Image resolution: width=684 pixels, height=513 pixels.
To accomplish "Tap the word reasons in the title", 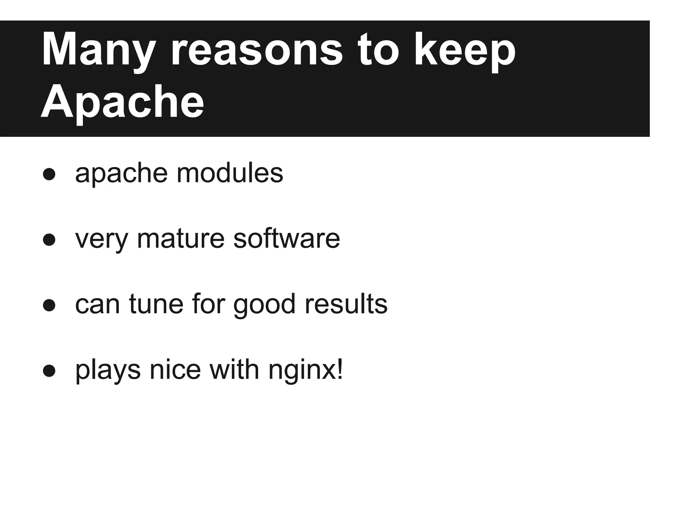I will tap(256, 50).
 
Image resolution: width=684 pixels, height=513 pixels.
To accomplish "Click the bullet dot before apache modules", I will tap(49, 174).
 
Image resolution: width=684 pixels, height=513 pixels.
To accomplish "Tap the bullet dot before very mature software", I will tap(49, 239).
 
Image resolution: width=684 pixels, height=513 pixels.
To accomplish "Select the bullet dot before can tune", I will tap(49, 305).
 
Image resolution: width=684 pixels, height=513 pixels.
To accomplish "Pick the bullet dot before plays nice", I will tap(49, 370).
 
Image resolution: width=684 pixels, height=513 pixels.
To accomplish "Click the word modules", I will tap(230, 173).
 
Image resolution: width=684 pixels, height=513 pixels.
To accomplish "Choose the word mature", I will tap(181, 239).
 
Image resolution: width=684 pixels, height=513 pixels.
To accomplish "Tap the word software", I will tap(287, 239).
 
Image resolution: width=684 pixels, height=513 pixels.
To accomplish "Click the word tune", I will tap(156, 304).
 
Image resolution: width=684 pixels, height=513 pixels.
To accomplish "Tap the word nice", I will tap(175, 370).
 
